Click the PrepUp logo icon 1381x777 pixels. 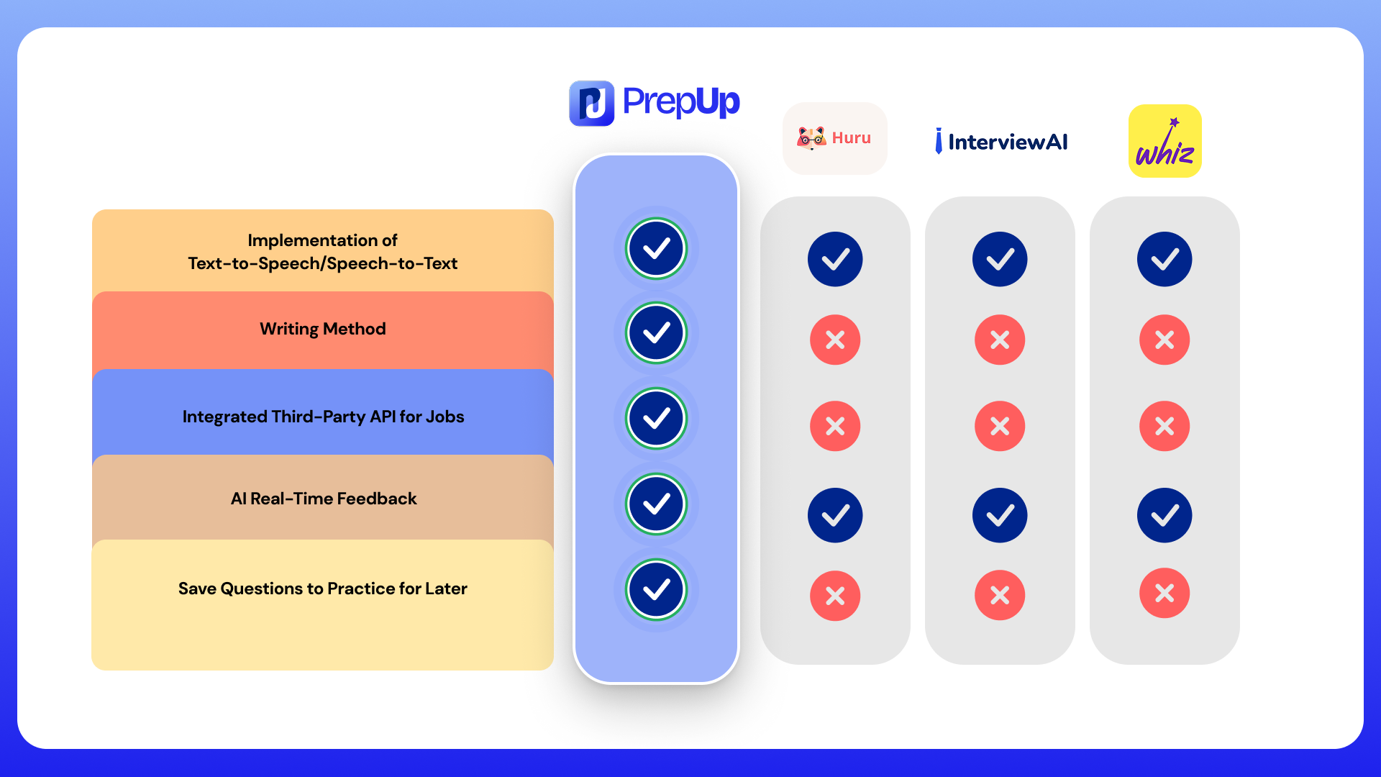[x=591, y=103]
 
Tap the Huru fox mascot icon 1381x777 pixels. [x=811, y=137]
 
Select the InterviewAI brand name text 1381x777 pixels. [x=1008, y=142]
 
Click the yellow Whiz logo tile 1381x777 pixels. [x=1164, y=141]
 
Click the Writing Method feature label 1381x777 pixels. [x=322, y=329]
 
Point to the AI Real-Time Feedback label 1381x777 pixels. [x=324, y=499]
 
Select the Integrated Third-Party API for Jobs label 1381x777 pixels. [x=323, y=417]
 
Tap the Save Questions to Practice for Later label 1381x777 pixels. [x=322, y=589]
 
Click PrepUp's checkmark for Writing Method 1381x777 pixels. [x=656, y=333]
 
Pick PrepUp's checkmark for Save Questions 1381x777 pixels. [x=656, y=589]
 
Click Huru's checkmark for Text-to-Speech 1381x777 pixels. [x=835, y=259]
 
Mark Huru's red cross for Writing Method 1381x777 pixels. [x=835, y=340]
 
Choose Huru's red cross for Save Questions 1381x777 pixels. [x=835, y=596]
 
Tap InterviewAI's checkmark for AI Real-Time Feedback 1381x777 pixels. [x=1000, y=515]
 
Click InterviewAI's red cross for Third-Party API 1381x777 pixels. [x=1000, y=426]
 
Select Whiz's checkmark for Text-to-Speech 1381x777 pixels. [x=1164, y=259]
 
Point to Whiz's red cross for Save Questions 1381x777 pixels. [x=1164, y=593]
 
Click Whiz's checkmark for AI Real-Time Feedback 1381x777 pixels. [x=1164, y=515]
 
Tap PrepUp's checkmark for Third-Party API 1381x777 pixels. [x=656, y=418]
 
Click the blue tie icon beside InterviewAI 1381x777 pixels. [x=939, y=141]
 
